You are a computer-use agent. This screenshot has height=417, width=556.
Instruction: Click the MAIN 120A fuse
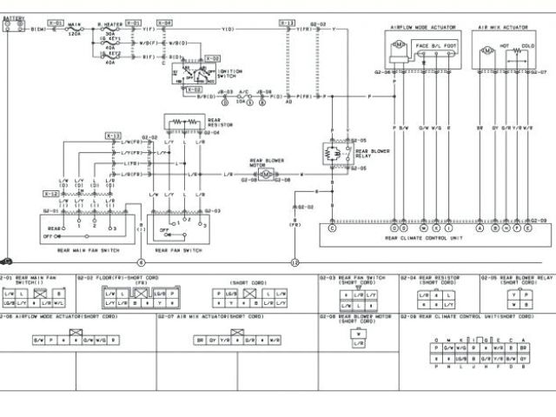pos(75,29)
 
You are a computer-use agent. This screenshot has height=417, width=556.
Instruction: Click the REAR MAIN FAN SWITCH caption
pos(84,250)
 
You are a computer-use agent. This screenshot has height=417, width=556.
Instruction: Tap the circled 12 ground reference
pos(295,262)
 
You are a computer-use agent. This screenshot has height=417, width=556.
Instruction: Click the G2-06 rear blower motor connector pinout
pos(357,335)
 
